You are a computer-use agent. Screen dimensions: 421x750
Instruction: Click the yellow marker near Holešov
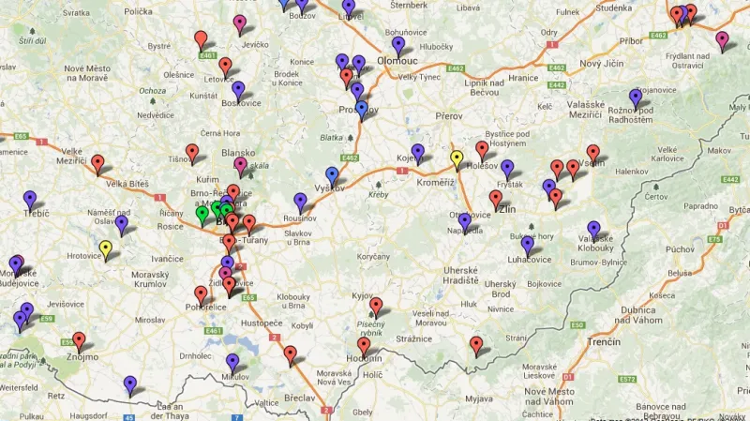[457, 158]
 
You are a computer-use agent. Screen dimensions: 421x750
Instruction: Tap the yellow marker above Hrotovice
[106, 249]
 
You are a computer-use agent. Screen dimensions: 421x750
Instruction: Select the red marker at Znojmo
[79, 340]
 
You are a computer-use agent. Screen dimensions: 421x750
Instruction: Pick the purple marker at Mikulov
[232, 362]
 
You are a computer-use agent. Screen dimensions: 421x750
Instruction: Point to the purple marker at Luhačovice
[528, 245]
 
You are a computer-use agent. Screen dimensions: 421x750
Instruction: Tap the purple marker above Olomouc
[398, 44]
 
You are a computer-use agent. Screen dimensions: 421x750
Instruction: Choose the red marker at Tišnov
[192, 152]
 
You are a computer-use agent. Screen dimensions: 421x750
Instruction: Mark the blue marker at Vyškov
[332, 175]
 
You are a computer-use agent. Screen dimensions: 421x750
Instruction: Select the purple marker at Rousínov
[300, 201]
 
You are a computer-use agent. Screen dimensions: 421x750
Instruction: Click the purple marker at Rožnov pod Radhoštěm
[637, 98]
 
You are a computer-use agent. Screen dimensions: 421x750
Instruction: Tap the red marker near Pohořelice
[201, 294]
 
